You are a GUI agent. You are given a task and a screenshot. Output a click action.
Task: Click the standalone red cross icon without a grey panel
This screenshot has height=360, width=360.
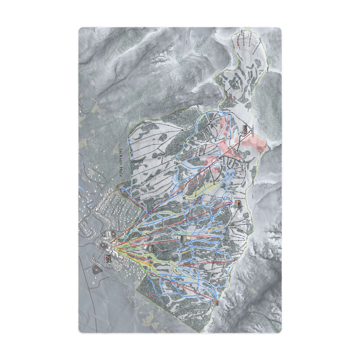(x=235, y=260)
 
